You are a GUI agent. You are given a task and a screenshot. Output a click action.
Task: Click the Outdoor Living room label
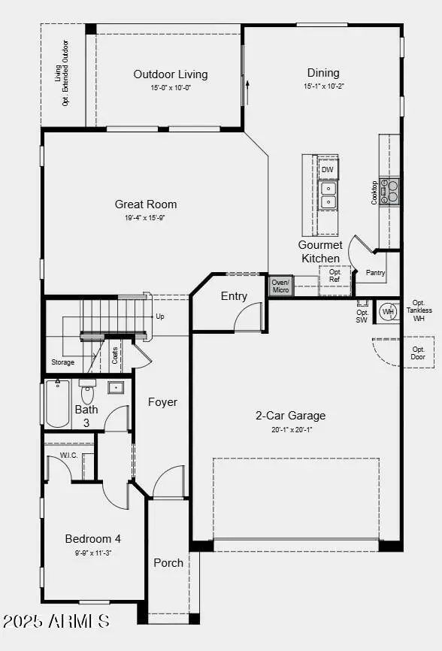click(171, 74)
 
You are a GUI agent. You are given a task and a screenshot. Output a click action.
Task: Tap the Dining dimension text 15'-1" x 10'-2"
click(322, 86)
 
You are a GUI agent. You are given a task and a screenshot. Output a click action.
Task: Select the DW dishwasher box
click(328, 170)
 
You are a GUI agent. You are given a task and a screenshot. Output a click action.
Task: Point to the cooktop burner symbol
click(389, 191)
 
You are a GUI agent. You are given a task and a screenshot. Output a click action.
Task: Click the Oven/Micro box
click(280, 286)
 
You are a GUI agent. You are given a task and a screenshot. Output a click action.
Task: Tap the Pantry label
click(375, 273)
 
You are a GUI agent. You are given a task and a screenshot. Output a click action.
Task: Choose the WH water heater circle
click(388, 311)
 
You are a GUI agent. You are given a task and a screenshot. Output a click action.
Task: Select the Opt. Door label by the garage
click(418, 353)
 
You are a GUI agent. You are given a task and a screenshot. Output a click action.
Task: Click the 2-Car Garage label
click(290, 415)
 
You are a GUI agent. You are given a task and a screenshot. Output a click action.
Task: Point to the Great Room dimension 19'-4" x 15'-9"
click(146, 218)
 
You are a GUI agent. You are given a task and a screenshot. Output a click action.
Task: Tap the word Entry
click(234, 296)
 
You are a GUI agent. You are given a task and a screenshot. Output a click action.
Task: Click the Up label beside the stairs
click(159, 316)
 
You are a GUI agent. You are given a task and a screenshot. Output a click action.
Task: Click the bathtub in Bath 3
click(58, 404)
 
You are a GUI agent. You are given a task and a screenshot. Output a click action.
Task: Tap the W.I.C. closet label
click(68, 456)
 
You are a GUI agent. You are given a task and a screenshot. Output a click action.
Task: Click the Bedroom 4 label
click(92, 538)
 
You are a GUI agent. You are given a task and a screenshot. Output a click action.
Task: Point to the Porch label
click(168, 562)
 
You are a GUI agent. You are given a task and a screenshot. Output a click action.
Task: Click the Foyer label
click(162, 402)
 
